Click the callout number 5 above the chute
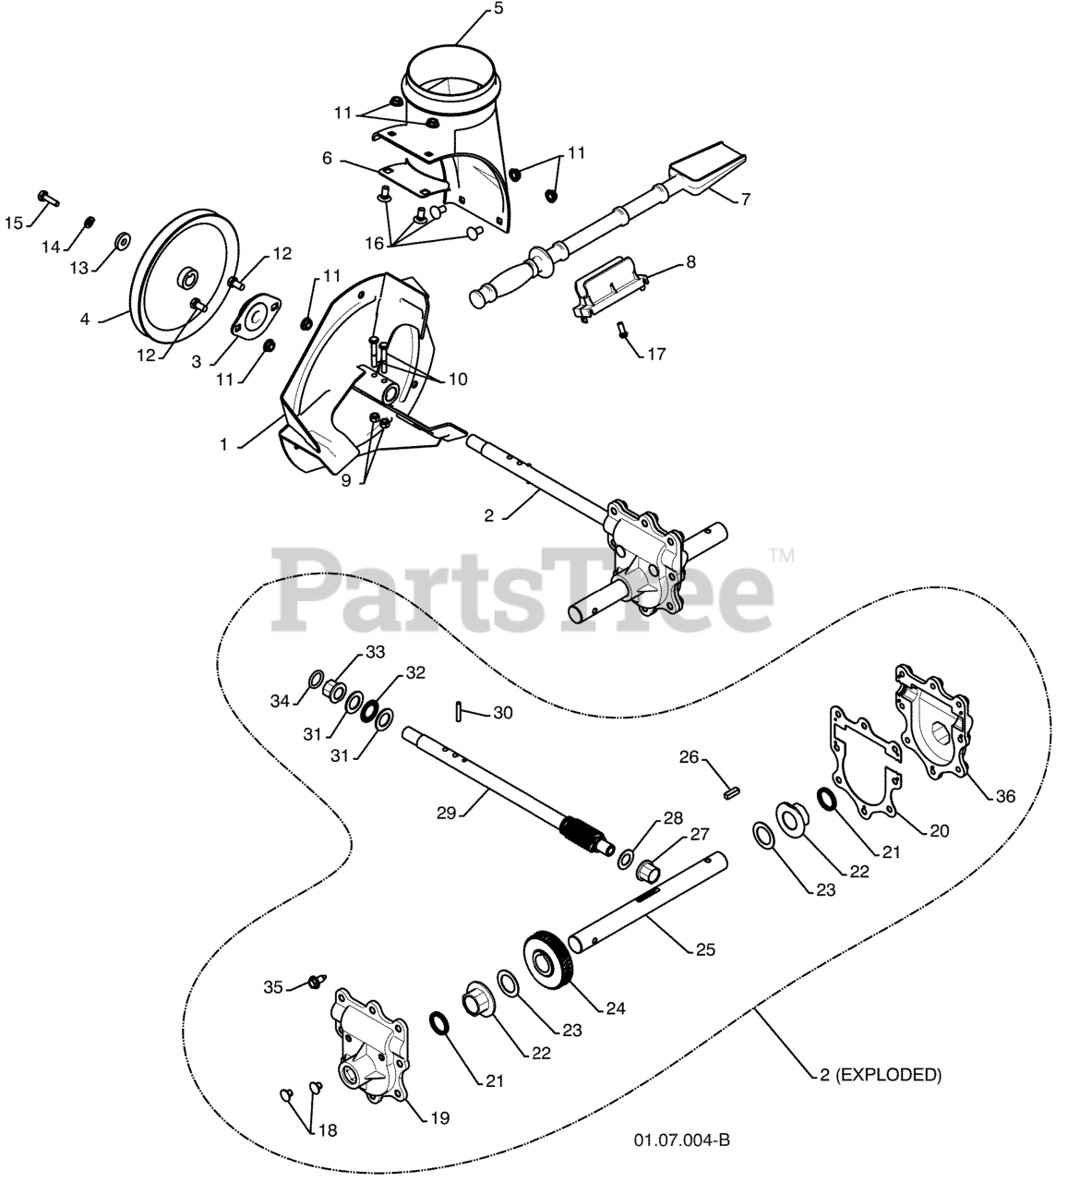[472, 11]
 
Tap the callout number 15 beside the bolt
[13, 223]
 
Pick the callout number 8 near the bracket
[690, 262]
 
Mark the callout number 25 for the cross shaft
[705, 948]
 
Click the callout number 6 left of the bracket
[327, 158]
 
